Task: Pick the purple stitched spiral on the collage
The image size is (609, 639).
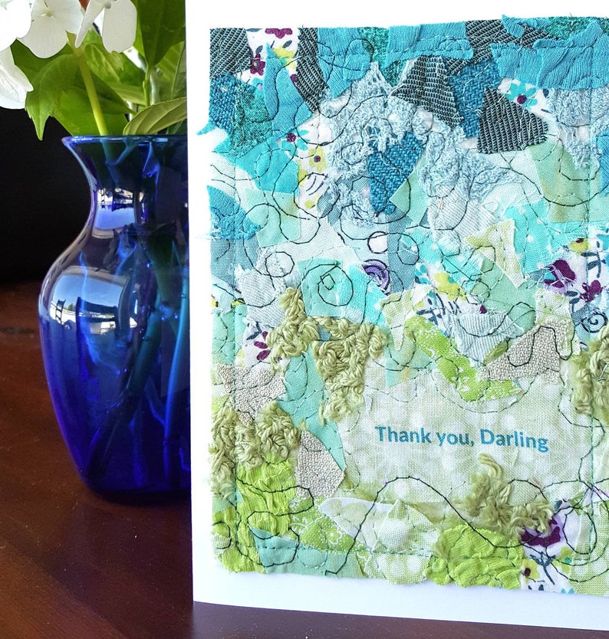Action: click(x=376, y=272)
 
